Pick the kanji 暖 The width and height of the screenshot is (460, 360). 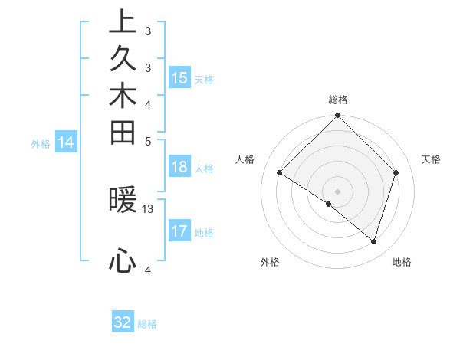point(123,200)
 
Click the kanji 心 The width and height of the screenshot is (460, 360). point(123,260)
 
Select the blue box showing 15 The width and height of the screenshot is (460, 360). point(179,78)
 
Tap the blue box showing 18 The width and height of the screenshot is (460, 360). point(179,168)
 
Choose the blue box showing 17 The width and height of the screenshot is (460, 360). point(179,231)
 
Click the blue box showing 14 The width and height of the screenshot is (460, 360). point(66,142)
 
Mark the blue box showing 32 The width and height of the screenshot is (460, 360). point(123,322)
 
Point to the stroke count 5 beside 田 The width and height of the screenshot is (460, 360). point(148,141)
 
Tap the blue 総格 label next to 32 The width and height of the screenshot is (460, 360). point(147,324)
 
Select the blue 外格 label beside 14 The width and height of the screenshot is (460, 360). point(41,143)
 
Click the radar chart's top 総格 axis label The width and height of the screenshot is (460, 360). point(338,100)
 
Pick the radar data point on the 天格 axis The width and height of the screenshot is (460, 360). point(396,172)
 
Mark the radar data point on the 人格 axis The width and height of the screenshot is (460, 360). point(280,173)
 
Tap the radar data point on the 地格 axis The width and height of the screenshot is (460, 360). point(373,241)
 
